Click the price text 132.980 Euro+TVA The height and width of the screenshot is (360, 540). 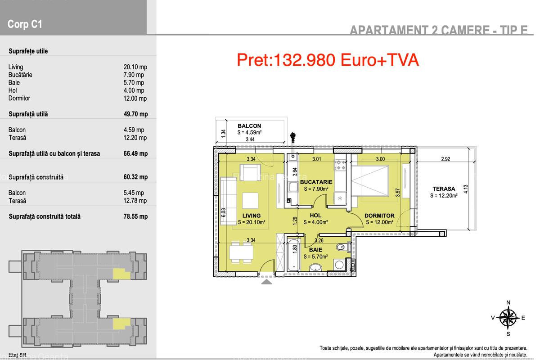click(x=328, y=60)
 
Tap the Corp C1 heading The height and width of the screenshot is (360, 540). click(x=25, y=24)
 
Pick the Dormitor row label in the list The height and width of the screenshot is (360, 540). click(x=19, y=98)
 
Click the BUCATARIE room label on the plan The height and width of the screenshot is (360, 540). click(x=316, y=182)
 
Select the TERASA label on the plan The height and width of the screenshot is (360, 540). click(x=444, y=189)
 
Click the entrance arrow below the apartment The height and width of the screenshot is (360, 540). click(x=266, y=282)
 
